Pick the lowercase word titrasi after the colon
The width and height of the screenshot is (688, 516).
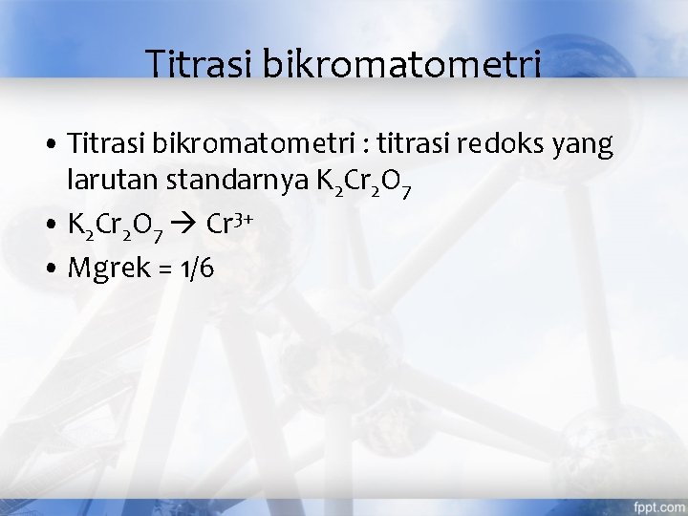[x=410, y=144]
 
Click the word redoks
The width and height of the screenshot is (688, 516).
[x=500, y=144]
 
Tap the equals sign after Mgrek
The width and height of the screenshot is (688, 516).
[x=164, y=270]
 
